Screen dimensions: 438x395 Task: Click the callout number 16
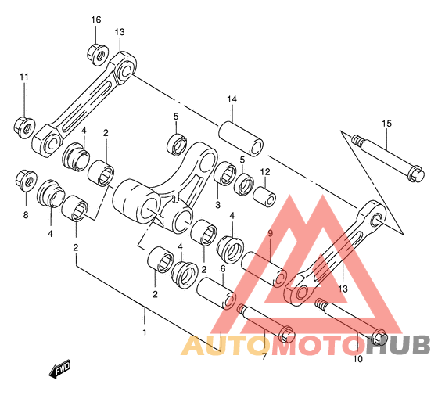(x=95, y=20)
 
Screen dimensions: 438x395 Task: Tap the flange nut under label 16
(x=98, y=54)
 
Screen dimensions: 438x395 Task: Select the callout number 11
(x=24, y=77)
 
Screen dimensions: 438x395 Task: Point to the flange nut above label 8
(x=27, y=181)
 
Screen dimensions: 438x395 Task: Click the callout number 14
(x=232, y=99)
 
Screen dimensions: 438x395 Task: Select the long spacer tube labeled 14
(x=241, y=138)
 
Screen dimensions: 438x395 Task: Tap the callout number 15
(x=387, y=124)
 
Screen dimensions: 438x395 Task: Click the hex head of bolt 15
(x=416, y=174)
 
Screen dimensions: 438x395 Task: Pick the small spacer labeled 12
(x=264, y=197)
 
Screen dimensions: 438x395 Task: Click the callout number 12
(x=265, y=172)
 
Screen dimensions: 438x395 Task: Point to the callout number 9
(x=270, y=234)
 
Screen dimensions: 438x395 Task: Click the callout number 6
(x=223, y=269)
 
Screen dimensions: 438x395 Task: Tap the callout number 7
(x=264, y=357)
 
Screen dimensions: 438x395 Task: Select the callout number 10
(x=358, y=359)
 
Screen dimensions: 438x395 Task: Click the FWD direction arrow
(x=59, y=368)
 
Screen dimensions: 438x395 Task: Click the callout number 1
(x=145, y=332)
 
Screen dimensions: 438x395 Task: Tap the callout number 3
(x=218, y=205)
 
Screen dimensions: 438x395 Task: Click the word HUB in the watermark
(x=398, y=345)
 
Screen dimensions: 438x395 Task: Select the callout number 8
(x=26, y=215)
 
